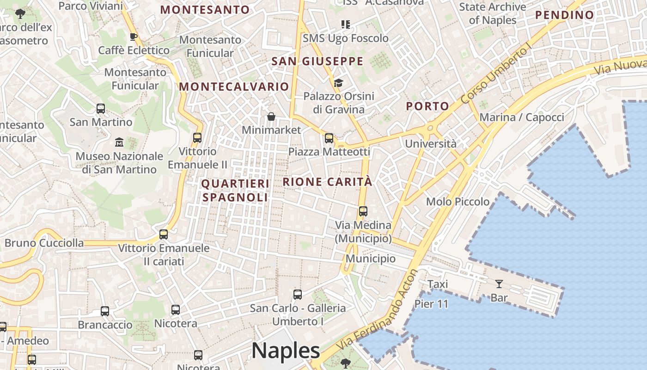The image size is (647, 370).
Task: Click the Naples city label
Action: pyautogui.click(x=286, y=350)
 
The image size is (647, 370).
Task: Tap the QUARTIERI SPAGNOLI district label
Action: pyautogui.click(x=235, y=191)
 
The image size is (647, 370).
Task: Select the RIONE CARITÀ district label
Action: pyautogui.click(x=327, y=182)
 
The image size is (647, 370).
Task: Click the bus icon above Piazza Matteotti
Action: pyautogui.click(x=329, y=138)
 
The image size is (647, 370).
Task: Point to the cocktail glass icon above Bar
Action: pyautogui.click(x=499, y=284)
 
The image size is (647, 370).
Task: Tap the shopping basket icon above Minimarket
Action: pyautogui.click(x=271, y=117)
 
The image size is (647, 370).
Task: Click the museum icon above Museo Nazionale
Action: pyautogui.click(x=119, y=142)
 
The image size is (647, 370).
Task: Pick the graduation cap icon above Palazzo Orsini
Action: pyautogui.click(x=338, y=83)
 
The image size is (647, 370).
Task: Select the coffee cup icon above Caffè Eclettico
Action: pyautogui.click(x=134, y=37)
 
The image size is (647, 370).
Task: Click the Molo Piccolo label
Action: pyautogui.click(x=458, y=202)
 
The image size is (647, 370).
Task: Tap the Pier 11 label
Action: pyautogui.click(x=431, y=304)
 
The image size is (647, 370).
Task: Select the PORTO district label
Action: pyautogui.click(x=427, y=106)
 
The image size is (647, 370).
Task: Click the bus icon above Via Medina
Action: pyautogui.click(x=363, y=211)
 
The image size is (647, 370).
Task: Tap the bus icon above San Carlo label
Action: pyautogui.click(x=298, y=294)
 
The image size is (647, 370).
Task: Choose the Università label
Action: pyautogui.click(x=430, y=144)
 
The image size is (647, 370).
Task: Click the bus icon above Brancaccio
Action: pyautogui.click(x=105, y=311)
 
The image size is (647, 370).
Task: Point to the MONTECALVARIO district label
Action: pyautogui.click(x=234, y=86)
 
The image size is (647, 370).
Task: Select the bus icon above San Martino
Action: pyautogui.click(x=101, y=109)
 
